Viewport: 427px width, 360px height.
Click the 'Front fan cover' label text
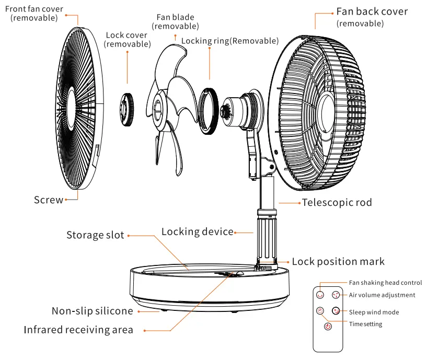[34, 9]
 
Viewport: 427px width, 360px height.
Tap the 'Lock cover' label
[126, 36]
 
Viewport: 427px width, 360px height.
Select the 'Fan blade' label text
[175, 17]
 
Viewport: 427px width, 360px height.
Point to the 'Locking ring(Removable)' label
[229, 41]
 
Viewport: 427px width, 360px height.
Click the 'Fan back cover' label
[372, 11]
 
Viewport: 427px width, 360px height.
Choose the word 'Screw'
[48, 200]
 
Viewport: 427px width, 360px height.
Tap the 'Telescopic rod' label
[337, 202]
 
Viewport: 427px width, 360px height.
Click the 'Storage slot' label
[95, 235]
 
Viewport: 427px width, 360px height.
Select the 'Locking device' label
[197, 231]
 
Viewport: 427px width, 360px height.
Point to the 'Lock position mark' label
[338, 262]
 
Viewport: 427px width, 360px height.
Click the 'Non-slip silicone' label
[92, 311]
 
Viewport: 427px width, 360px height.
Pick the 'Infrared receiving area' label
[78, 330]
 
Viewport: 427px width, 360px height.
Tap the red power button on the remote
[327, 327]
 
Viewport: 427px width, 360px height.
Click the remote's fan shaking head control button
[319, 295]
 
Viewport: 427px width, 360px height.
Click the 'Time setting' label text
[365, 324]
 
